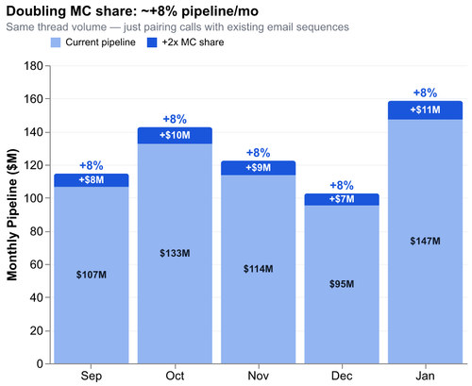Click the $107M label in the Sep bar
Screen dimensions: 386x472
(x=92, y=275)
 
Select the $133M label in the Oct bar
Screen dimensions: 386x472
(x=175, y=253)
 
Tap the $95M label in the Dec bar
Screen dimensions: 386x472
(x=342, y=284)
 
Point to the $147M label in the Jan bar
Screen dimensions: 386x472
(x=425, y=241)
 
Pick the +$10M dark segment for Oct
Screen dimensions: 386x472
(x=175, y=136)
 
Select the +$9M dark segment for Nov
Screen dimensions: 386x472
(x=258, y=168)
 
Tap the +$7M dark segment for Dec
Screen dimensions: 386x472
(x=342, y=200)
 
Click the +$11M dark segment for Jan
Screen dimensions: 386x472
(x=425, y=109)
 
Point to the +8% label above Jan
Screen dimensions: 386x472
(x=425, y=92)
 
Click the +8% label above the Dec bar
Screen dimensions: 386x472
(x=342, y=185)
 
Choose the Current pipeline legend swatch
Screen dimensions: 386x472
(x=56, y=42)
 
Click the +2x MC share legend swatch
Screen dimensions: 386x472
(x=150, y=42)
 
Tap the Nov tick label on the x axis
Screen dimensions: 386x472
(x=258, y=376)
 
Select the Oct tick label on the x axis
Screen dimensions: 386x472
(x=175, y=376)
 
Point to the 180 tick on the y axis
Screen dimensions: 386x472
(x=32, y=66)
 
